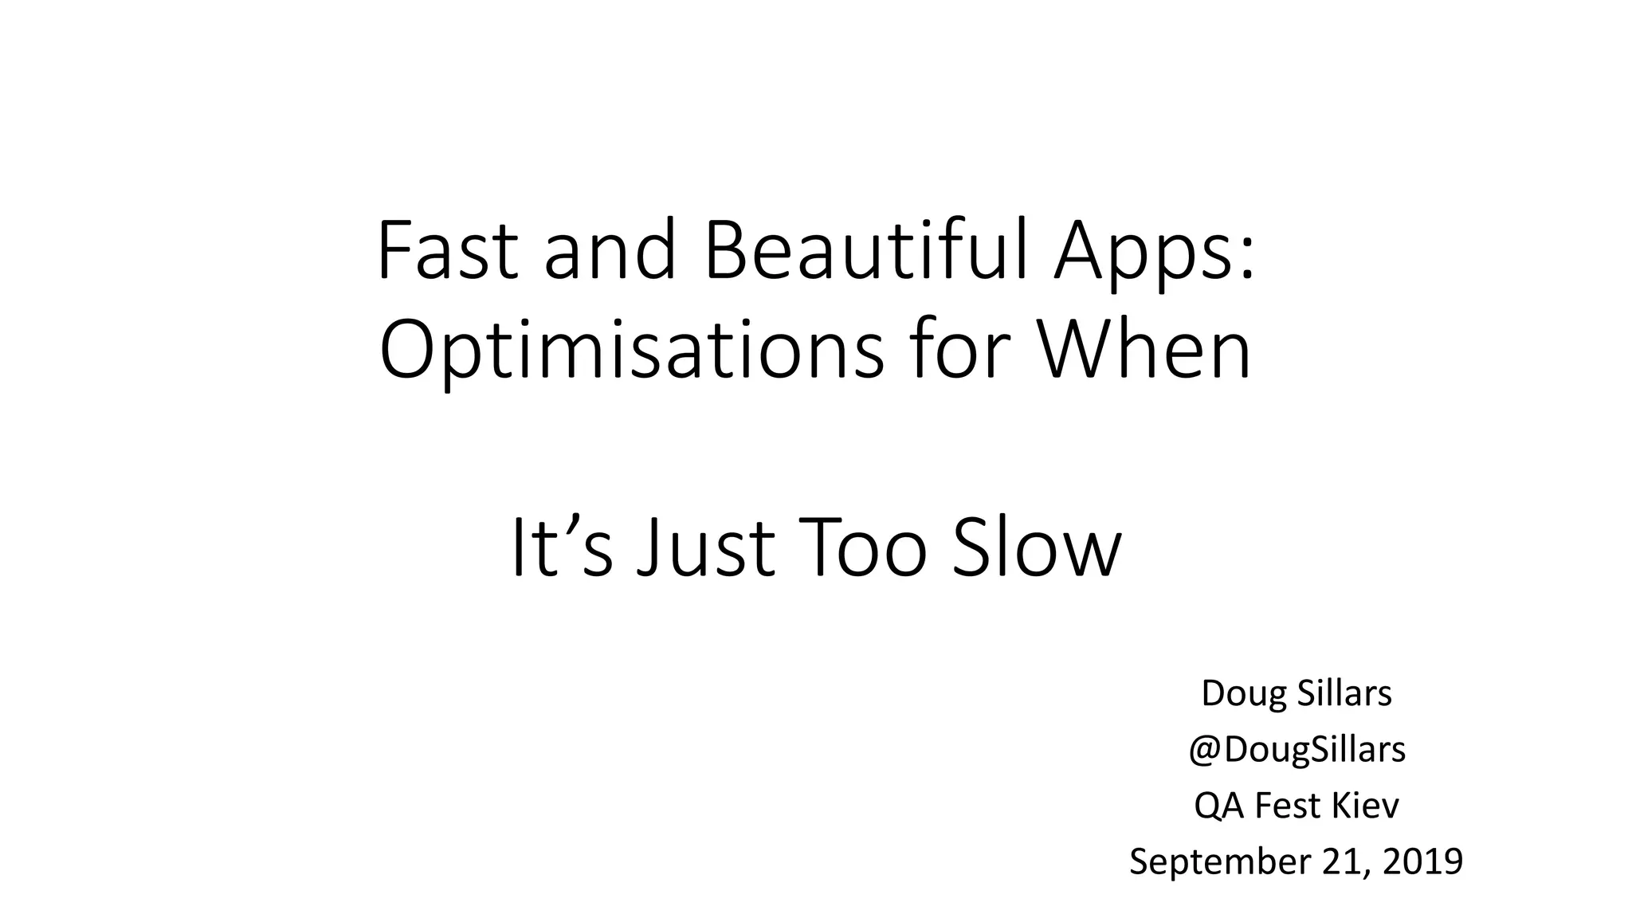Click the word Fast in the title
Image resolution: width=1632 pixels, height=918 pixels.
point(447,251)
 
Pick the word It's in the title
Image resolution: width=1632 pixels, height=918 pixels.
point(562,548)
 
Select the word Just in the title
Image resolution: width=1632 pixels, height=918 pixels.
point(706,548)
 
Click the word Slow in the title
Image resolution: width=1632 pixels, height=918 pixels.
point(1037,548)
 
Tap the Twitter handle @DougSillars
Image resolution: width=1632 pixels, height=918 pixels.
point(1297,750)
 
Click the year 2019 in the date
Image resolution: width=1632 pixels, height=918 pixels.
point(1422,861)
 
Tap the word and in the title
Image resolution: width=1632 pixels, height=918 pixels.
point(610,251)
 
